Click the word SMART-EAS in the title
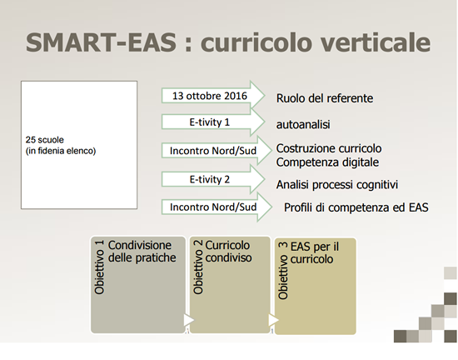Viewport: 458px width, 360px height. pos(101,42)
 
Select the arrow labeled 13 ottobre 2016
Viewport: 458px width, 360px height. pos(213,96)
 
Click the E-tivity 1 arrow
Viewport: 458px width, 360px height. pos(213,122)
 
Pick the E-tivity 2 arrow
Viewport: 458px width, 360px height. pos(213,179)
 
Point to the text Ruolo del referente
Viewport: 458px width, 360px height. pos(325,98)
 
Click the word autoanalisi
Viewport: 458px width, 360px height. pos(303,124)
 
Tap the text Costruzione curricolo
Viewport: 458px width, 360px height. pos(329,148)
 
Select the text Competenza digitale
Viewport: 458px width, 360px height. pos(327,162)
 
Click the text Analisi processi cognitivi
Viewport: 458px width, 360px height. pos(337,185)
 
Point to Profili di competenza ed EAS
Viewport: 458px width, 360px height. pos(356,207)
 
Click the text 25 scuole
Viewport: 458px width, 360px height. pos(45,140)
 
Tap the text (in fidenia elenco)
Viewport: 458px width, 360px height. pos(61,151)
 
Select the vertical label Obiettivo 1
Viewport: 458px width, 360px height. pos(99,267)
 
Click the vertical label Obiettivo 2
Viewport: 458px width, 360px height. pos(198,267)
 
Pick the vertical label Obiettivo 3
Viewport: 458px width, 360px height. pos(283,271)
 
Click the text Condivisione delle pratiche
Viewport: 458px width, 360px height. pos(142,252)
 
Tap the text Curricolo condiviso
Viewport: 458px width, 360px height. pos(228,252)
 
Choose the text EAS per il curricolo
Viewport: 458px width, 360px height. pos(315,252)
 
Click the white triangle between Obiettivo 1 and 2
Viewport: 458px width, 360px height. pos(189,320)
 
